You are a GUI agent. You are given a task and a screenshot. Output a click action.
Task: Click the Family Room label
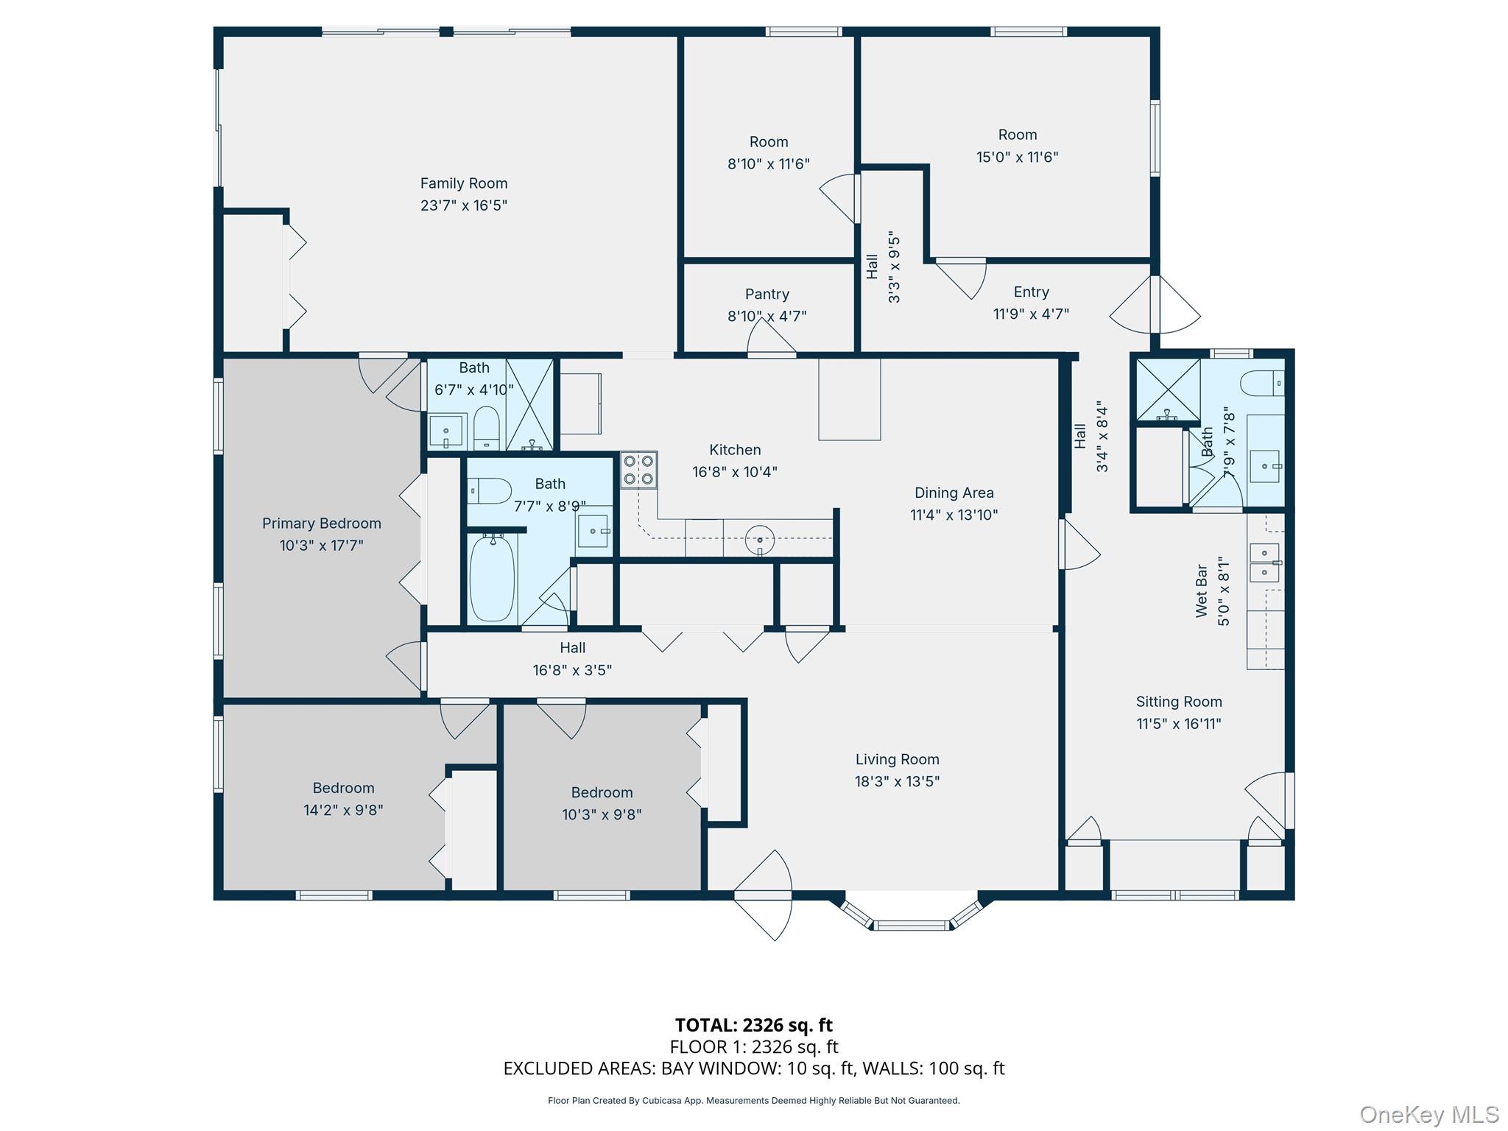463,183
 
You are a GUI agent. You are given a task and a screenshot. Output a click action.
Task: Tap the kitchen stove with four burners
638,470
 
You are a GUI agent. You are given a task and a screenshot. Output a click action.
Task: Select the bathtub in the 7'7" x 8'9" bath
492,578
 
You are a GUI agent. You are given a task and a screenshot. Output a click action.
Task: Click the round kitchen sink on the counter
759,540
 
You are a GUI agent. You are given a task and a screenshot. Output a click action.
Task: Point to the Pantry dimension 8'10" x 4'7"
767,316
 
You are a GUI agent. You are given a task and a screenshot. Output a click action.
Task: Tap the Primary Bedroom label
321,524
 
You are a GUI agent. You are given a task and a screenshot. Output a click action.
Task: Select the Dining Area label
954,493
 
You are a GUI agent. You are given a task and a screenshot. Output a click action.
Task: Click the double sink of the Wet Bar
1265,563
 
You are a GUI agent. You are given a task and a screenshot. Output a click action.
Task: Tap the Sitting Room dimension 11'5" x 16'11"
1178,724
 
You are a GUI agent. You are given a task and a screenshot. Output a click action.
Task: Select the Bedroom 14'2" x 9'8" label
343,788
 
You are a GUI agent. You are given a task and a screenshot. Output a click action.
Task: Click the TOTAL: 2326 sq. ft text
753,1025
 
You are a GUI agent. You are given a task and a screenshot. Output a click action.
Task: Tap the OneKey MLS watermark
1428,1114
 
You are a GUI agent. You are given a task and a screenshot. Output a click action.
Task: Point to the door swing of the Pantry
770,340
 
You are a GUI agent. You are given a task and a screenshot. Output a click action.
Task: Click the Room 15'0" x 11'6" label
1017,135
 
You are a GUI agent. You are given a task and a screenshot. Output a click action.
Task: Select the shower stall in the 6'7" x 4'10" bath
529,404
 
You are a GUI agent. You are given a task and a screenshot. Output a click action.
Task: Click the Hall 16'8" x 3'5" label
572,648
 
